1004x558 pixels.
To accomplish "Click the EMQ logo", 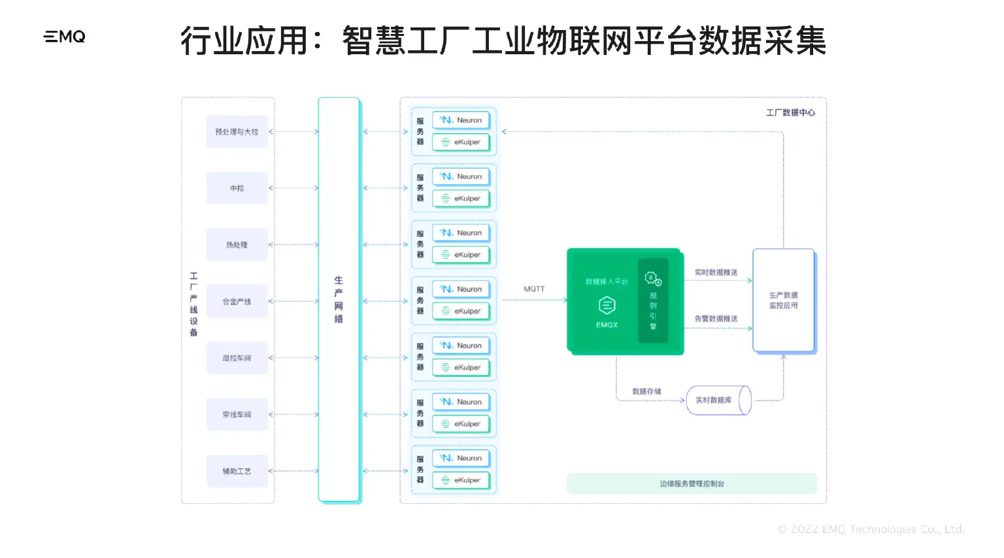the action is point(65,37).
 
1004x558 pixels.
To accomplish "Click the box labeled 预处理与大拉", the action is point(237,132).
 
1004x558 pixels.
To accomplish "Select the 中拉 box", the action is point(237,188).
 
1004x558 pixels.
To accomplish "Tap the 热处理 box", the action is point(237,245).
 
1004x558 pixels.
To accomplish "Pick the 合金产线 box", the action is point(237,301).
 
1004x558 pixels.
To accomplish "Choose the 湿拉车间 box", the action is point(237,358).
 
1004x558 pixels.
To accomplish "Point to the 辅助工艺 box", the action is point(237,471).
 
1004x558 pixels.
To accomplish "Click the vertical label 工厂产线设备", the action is point(193,304).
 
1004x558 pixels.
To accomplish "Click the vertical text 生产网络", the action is point(339,300).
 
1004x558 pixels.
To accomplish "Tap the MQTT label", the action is point(534,289).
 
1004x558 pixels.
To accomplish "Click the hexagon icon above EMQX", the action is point(607,305).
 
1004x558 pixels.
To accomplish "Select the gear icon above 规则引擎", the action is point(653,279).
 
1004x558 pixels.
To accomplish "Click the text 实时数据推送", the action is point(716,272).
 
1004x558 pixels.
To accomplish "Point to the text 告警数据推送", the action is point(716,319).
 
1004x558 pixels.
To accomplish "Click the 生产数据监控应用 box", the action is point(783,301).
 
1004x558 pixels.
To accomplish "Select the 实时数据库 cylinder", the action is point(717,401).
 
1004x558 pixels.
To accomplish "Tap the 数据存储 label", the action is point(646,391).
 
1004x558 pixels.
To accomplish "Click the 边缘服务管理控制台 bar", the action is point(692,484).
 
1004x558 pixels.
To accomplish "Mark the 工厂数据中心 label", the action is point(790,113).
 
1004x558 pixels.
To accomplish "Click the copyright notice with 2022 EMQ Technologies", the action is point(871,529).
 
